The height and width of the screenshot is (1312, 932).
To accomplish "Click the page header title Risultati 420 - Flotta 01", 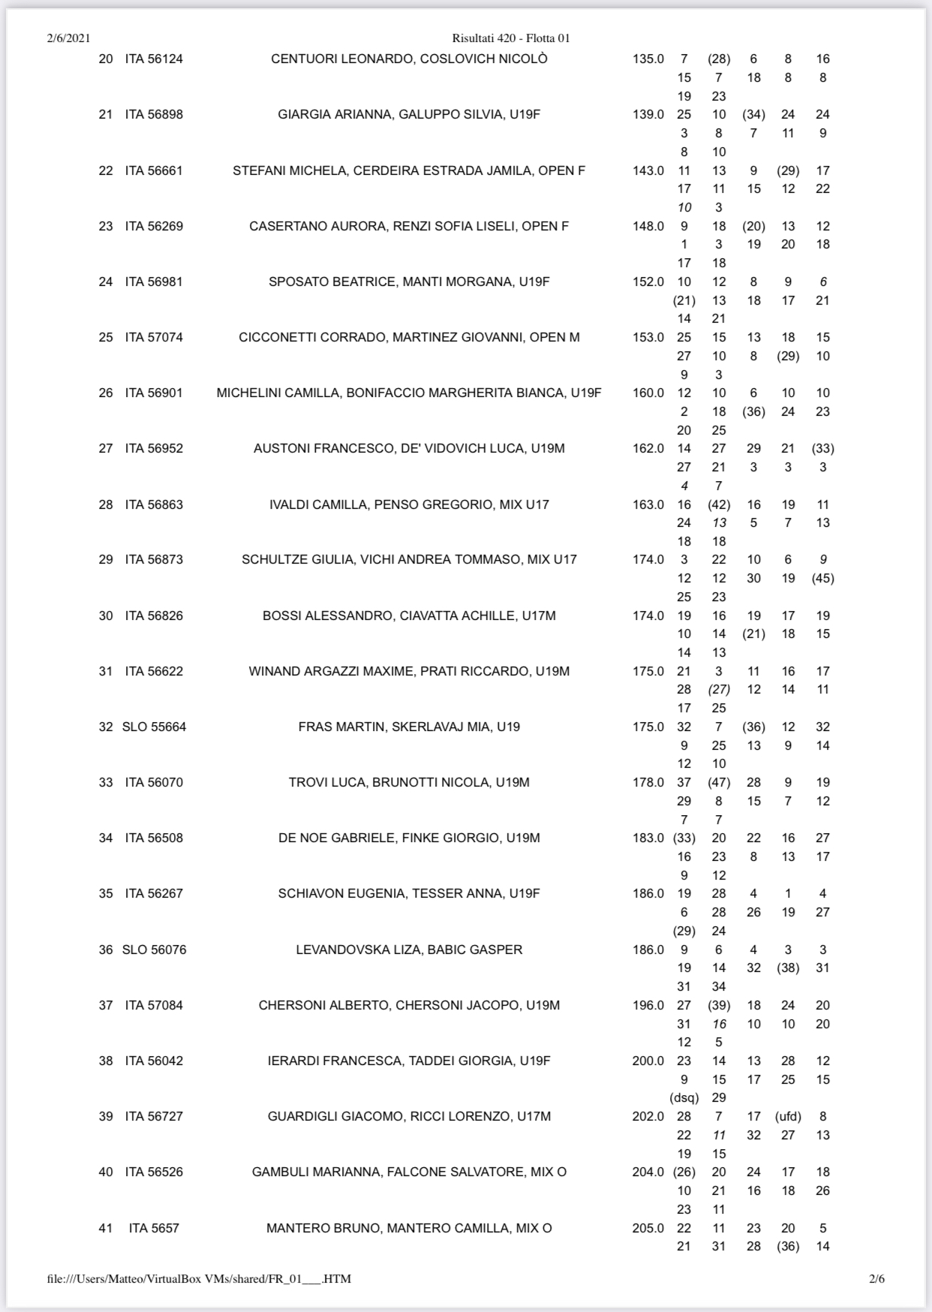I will point(511,38).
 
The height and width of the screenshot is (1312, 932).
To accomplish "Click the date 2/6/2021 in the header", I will point(68,38).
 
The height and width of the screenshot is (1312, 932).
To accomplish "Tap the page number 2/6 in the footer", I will point(876,1278).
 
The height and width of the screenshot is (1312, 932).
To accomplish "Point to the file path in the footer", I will point(199,1278).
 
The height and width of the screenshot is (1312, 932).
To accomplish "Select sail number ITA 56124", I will point(154,59).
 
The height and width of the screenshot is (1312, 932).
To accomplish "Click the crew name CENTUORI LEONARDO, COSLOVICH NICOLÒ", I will point(409,59).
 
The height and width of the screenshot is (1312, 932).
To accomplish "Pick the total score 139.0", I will point(648,114).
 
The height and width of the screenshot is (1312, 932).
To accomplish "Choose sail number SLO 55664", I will point(154,727).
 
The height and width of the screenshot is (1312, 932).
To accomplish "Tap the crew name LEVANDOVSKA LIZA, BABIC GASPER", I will point(409,949).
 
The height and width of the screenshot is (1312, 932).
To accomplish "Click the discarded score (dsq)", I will point(684,1097).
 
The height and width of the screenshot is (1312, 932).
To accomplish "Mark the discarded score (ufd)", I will point(788,1116).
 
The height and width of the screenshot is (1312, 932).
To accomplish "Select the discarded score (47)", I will point(719,782).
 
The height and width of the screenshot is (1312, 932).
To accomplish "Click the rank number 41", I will point(106,1228).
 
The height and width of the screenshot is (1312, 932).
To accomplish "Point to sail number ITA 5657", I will point(154,1228).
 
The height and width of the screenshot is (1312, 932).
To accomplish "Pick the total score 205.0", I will point(648,1228).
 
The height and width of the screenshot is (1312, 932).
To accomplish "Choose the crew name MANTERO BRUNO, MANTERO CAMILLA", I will point(409,1228).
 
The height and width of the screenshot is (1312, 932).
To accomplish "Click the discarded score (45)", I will point(822,578).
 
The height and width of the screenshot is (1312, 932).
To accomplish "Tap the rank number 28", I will point(106,504).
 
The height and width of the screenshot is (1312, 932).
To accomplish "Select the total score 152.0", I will point(648,281).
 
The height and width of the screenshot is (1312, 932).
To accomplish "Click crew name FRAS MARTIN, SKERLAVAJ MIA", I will point(409,727).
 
